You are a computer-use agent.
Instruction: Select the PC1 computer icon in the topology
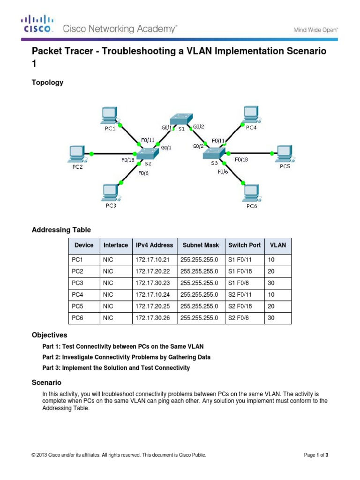(x=110, y=114)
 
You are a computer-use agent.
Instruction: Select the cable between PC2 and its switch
(x=112, y=153)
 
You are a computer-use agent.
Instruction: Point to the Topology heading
(x=47, y=82)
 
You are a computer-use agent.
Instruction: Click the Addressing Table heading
(x=61, y=230)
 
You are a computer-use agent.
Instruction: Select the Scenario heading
(x=46, y=382)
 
